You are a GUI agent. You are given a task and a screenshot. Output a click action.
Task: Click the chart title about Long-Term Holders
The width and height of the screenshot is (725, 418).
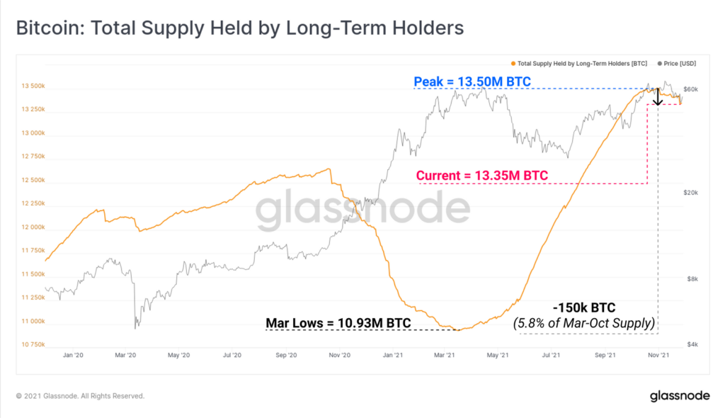240,28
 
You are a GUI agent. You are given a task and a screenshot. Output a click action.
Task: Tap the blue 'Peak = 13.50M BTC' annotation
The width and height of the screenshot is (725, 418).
473,81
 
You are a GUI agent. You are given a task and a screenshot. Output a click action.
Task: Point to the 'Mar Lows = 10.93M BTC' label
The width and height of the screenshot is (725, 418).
338,324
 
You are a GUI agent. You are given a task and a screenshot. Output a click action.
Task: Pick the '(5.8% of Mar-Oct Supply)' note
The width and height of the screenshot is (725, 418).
585,324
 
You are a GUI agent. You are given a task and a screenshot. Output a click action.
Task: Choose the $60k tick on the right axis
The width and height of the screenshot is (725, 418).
692,89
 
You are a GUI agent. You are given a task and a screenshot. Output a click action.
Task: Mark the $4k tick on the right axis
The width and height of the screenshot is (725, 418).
693,344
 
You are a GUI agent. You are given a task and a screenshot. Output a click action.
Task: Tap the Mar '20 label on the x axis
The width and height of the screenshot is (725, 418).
126,355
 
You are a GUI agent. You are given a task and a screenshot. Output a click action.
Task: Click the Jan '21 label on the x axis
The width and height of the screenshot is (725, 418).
394,355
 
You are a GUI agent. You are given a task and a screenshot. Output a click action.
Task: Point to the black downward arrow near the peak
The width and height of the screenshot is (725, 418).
658,96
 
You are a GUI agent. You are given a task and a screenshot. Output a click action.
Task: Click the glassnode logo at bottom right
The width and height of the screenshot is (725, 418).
675,396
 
